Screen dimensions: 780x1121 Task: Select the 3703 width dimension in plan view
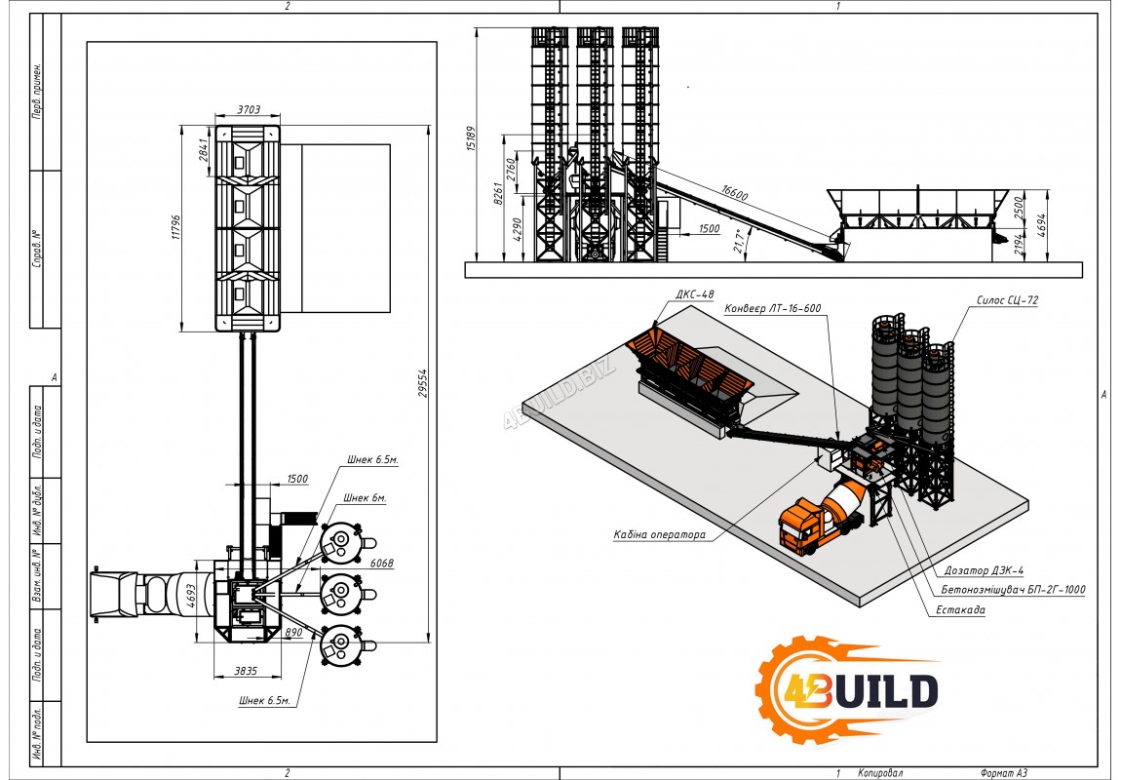(249, 110)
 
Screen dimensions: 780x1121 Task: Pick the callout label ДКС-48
(694, 293)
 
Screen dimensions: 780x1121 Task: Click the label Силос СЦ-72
(1006, 301)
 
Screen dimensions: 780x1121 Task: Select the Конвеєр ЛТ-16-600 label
(773, 309)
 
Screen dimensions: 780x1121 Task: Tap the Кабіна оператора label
(659, 534)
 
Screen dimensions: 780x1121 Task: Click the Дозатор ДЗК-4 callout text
(985, 570)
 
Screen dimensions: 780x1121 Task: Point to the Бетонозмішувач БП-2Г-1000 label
(1013, 590)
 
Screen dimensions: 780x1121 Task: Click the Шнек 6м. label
(365, 498)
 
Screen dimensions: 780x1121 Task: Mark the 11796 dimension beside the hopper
(177, 228)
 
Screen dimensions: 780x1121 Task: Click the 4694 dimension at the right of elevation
(1044, 225)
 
